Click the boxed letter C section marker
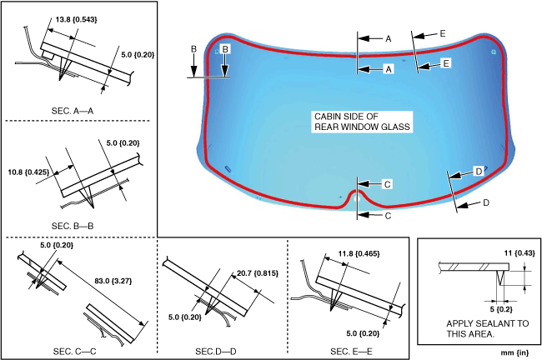387,183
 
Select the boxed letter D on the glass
479,171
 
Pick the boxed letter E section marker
445,62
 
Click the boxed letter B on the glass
224,50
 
